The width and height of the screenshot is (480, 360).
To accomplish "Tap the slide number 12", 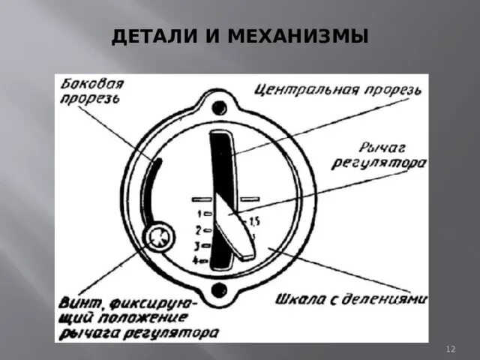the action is [x=451, y=349].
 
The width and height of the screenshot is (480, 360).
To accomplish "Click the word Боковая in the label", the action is [x=92, y=84].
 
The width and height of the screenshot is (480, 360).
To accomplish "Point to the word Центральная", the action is [x=306, y=92].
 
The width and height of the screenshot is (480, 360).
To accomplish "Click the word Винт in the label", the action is [x=80, y=304].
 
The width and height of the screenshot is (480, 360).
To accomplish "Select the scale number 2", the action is [x=197, y=229].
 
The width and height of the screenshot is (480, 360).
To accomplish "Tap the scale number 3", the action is [x=197, y=244].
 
